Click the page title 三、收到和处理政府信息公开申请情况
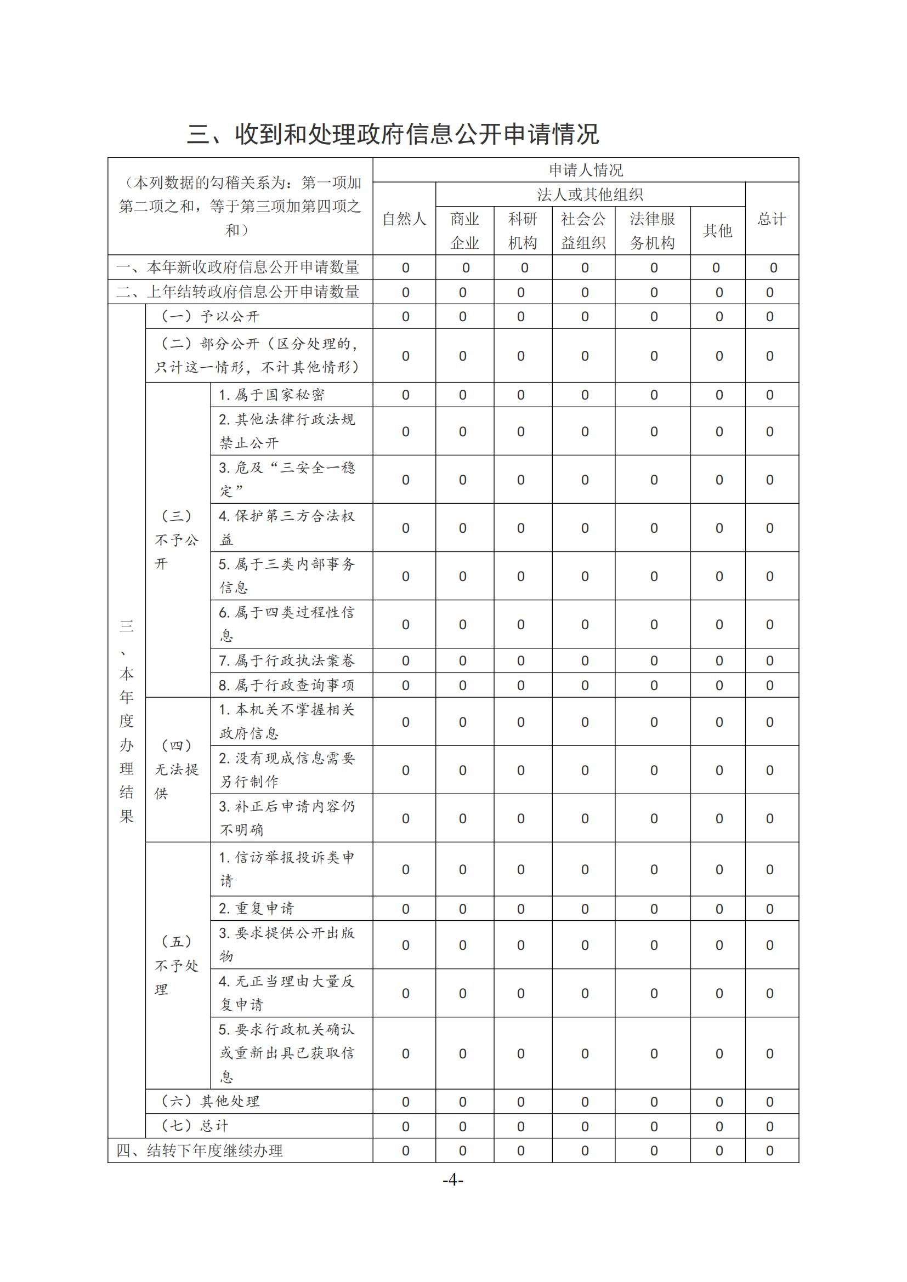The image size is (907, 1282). coord(393,134)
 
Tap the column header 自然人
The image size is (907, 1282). coord(404,219)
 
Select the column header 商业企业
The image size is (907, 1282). coord(464,231)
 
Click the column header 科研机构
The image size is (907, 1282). coord(523,231)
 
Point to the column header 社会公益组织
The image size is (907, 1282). coord(583,231)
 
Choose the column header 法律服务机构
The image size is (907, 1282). coord(653,231)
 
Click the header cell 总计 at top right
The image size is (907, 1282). coord(772,219)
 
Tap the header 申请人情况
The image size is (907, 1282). coord(585,170)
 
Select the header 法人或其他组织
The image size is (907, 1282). coord(590,195)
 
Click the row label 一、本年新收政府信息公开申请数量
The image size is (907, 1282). coord(238,267)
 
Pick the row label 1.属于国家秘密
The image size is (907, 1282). coord(271,395)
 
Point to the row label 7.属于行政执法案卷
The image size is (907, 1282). coord(286,660)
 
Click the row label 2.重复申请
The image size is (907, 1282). coord(256,908)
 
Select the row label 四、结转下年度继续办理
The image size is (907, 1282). coord(200,1150)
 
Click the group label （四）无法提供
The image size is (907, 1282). coord(177,770)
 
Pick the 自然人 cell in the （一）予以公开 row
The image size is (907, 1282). coord(405,317)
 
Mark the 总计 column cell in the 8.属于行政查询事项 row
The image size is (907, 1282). coord(769,685)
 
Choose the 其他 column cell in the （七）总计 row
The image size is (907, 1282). coord(719,1126)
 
